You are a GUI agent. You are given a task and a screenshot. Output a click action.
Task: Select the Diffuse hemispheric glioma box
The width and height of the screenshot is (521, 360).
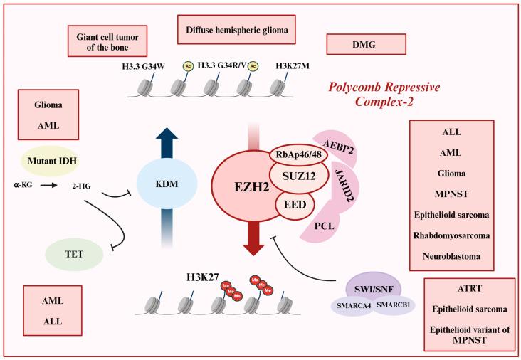click(x=236, y=31)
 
